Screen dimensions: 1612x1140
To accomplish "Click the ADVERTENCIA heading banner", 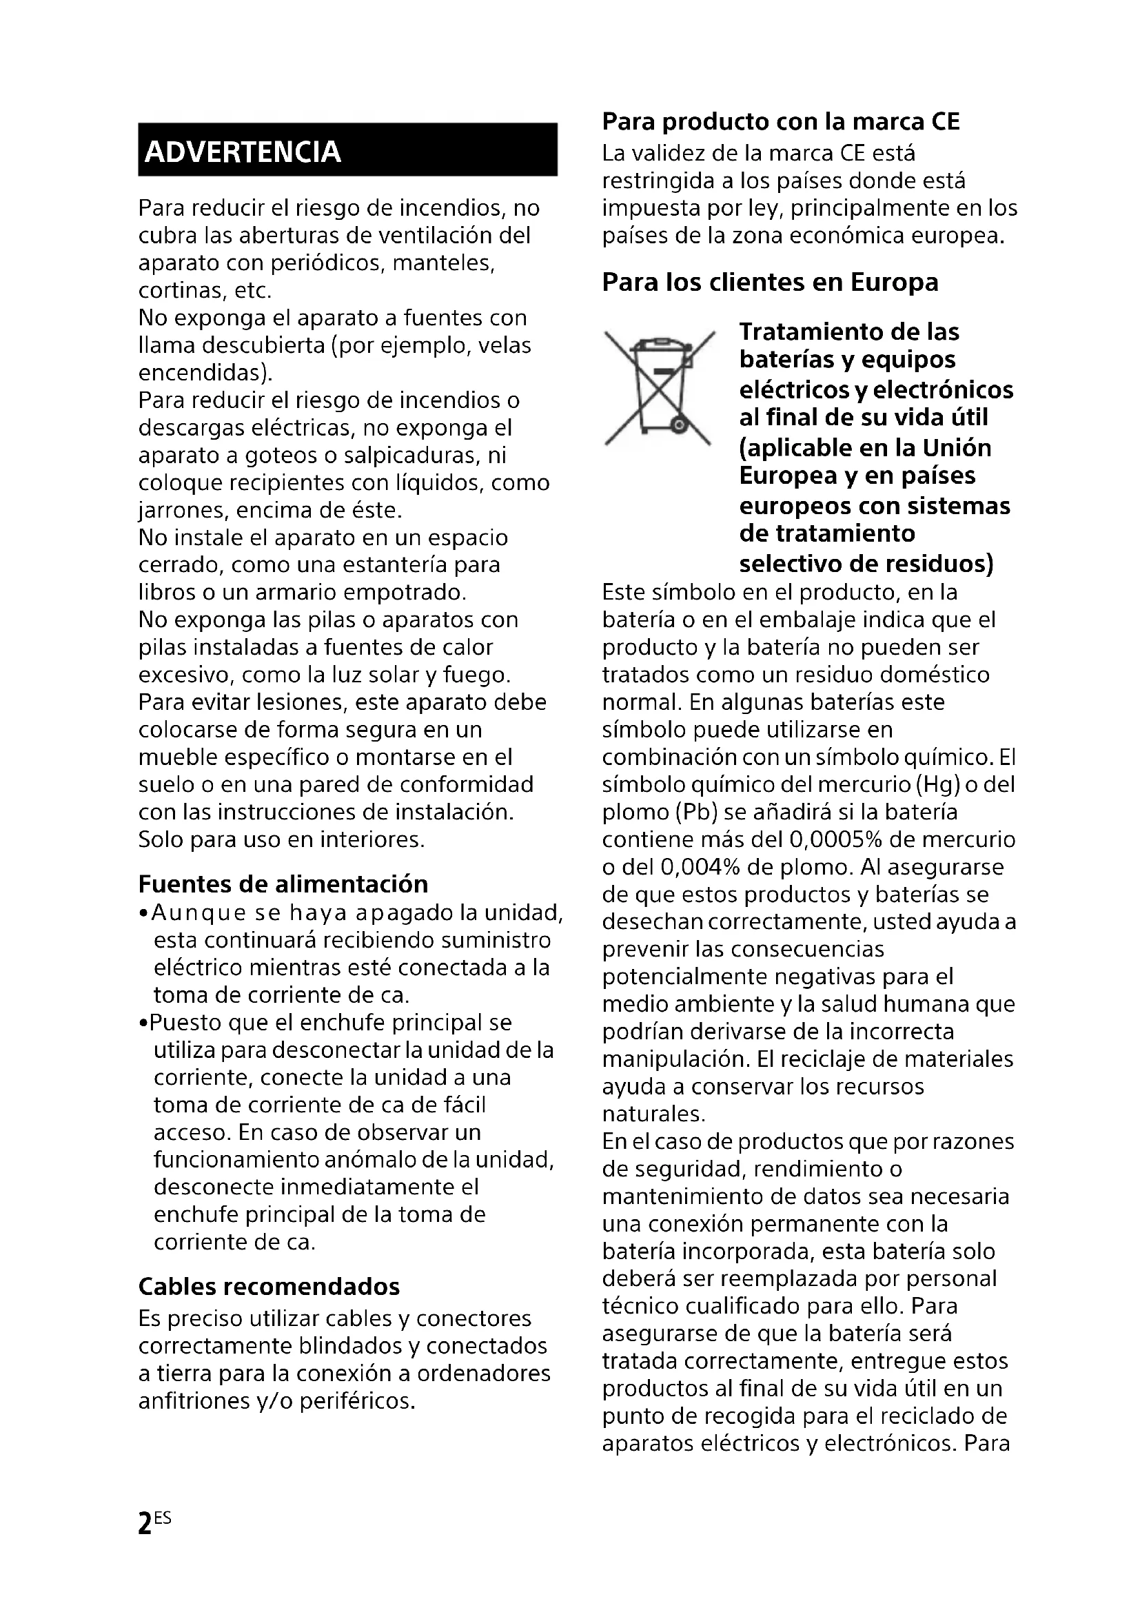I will (x=347, y=150).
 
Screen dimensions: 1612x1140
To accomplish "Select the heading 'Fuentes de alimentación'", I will (x=283, y=884).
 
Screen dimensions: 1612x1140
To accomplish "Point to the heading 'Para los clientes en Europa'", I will (x=770, y=283).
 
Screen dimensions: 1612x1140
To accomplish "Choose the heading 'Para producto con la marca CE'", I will (x=781, y=121).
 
